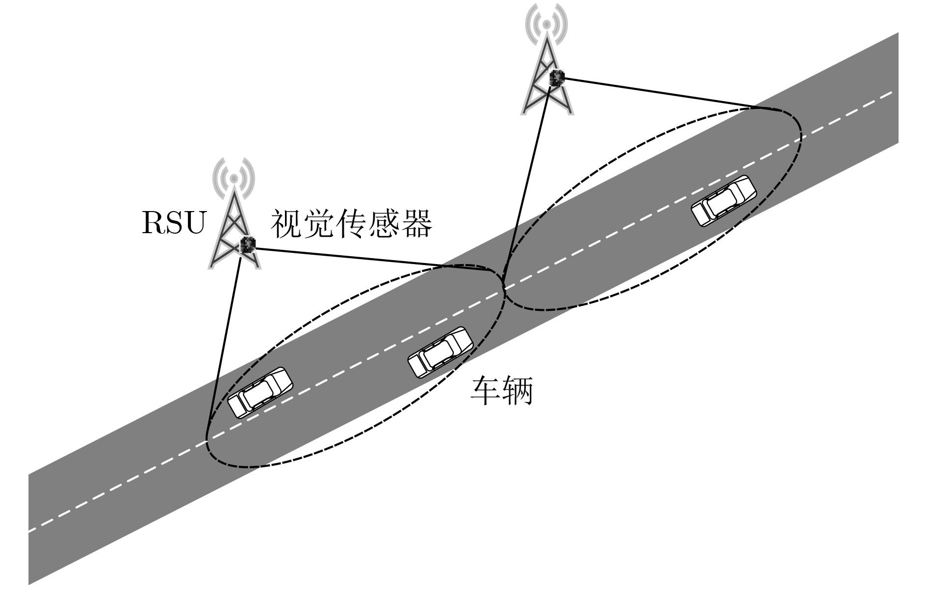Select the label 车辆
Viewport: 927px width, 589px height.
click(501, 391)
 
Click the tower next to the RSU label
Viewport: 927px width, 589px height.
click(234, 214)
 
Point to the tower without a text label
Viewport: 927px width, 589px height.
click(547, 59)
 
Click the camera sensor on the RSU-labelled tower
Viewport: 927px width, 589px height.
click(248, 244)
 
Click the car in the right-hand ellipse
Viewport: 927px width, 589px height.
click(723, 201)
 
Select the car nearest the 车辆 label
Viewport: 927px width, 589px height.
click(440, 352)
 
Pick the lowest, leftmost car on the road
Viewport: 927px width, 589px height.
click(260, 393)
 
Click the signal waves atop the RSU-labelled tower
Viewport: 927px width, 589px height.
click(234, 175)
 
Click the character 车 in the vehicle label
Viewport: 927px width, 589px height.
click(486, 391)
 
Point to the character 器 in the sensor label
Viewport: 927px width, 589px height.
click(417, 224)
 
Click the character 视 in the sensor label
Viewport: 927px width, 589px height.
click(286, 224)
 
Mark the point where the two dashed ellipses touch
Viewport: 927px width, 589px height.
click(504, 290)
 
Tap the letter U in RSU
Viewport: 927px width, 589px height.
click(194, 223)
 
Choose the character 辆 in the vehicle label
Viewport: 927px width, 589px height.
click(517, 391)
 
